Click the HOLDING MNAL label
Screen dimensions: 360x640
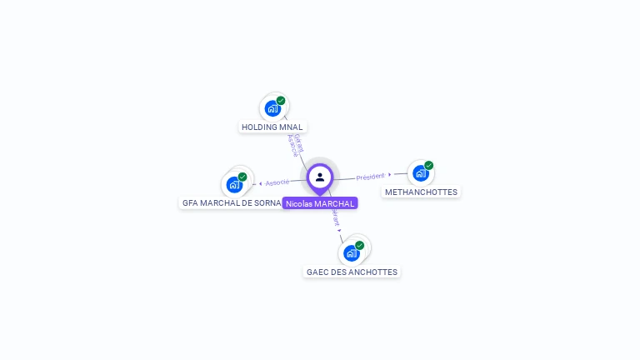272,127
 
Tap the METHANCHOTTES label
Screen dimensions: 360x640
421,192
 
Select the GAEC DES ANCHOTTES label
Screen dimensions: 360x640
352,272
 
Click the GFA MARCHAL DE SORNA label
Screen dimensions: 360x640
232,203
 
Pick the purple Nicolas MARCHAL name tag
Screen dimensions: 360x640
320,203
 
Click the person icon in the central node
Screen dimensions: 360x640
320,177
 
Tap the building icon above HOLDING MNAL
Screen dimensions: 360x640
272,108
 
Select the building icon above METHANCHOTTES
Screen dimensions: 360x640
419,173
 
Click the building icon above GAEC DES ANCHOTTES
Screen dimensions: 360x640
351,253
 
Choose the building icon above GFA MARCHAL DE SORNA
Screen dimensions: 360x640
233,184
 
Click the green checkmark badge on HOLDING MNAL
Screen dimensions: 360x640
281,101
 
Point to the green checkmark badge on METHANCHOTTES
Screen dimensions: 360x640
428,166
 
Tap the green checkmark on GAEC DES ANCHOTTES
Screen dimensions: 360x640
360,246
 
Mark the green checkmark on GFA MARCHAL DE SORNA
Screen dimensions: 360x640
242,177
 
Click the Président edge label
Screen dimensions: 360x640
370,177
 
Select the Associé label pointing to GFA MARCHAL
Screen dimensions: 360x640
277,182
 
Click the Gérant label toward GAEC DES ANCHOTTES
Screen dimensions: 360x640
335,217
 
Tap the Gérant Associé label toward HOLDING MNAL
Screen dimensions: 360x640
295,145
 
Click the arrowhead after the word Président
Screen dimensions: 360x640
390,174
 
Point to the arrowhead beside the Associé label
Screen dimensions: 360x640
260,183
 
